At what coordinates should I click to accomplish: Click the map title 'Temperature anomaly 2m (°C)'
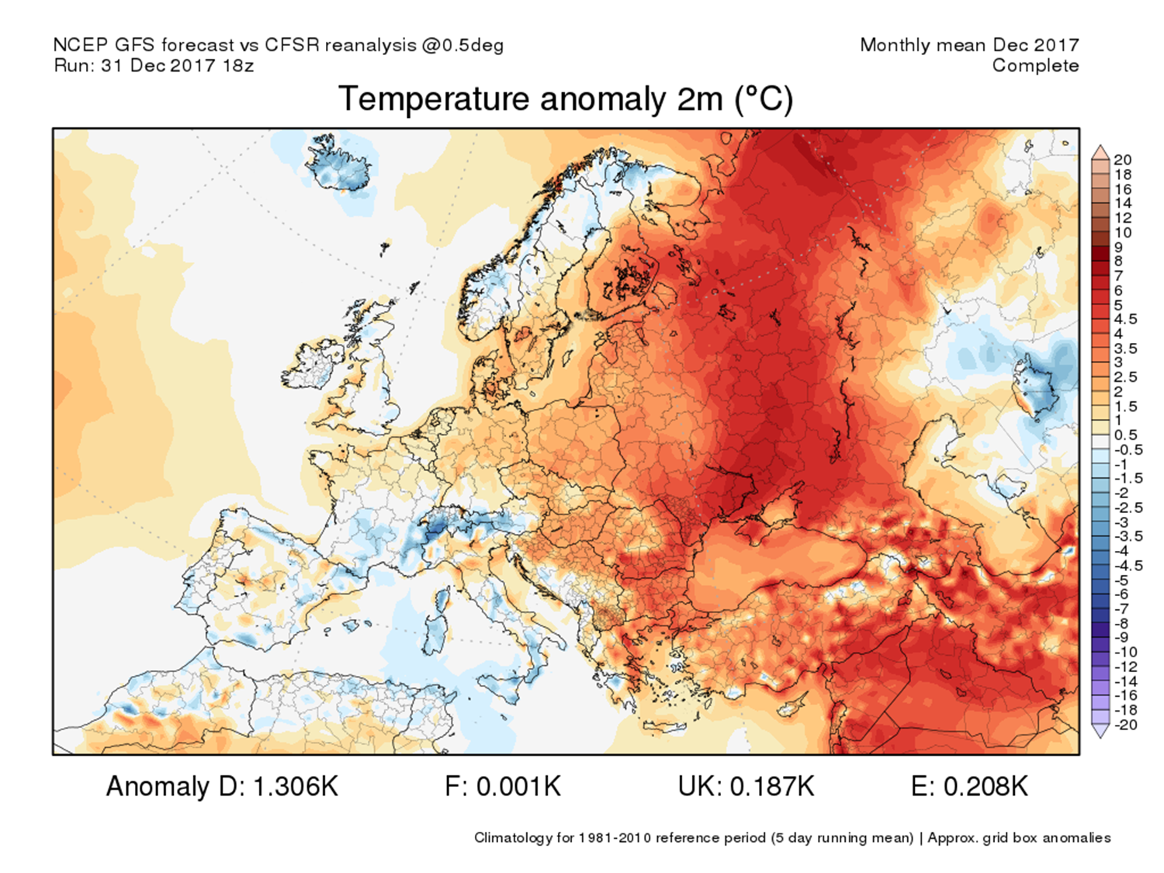[566, 100]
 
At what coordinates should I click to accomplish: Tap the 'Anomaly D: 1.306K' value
[222, 787]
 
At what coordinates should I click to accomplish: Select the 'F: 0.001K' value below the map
[502, 787]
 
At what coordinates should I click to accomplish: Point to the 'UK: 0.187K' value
[746, 787]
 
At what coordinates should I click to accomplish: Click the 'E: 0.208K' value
[969, 787]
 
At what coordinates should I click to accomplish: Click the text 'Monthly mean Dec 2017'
[969, 45]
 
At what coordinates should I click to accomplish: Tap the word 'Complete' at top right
[1035, 66]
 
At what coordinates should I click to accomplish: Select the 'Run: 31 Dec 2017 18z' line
[154, 66]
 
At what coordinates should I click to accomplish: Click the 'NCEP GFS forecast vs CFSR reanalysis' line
[278, 45]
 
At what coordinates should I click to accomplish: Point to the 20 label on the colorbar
[1123, 160]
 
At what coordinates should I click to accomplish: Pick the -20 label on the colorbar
[1125, 725]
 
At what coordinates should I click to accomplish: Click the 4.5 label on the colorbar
[1126, 319]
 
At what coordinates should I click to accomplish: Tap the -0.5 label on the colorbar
[1128, 450]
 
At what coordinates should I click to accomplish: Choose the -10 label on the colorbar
[1125, 652]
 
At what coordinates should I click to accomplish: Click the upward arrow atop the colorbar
[1100, 151]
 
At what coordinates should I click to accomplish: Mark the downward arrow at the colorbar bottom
[1100, 730]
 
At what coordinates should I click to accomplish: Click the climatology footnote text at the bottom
[792, 838]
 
